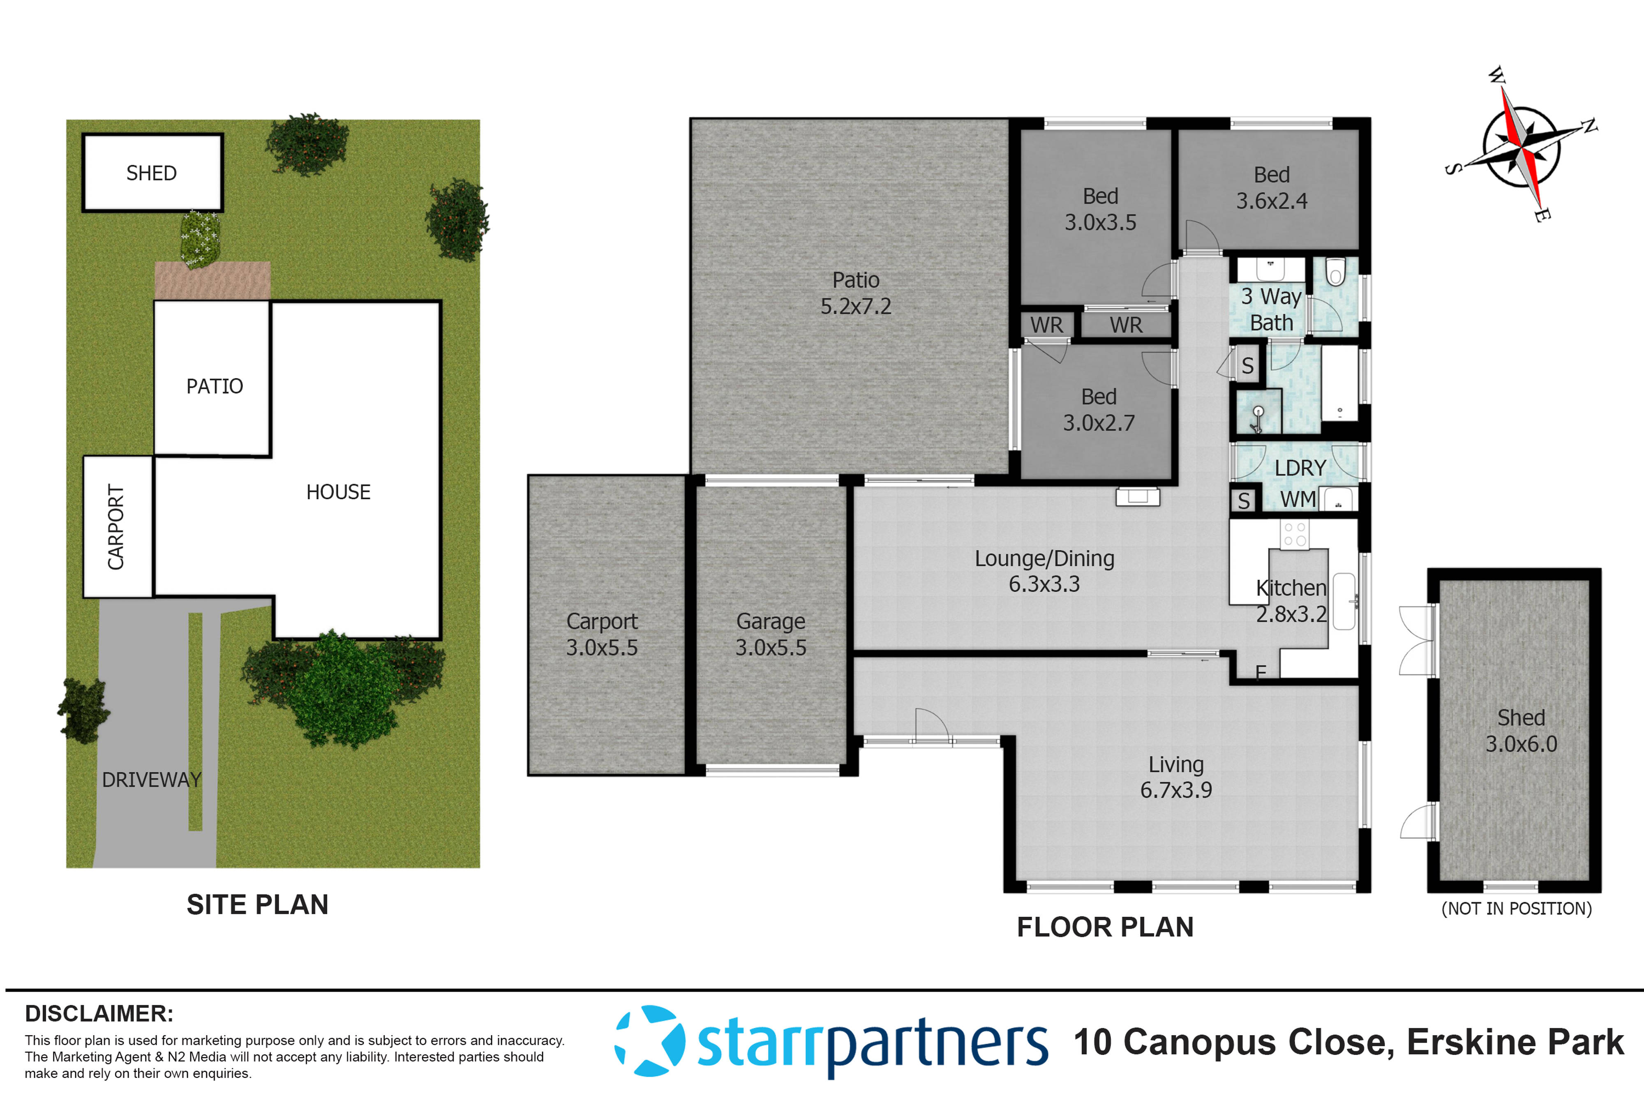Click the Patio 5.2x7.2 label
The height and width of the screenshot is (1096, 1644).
pos(856,293)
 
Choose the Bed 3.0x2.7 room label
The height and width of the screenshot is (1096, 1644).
pos(1099,410)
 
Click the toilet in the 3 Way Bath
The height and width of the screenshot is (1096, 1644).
pos(1335,272)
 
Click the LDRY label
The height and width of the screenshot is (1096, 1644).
pos(1300,468)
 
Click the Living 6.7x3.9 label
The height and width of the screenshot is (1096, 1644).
pos(1176,777)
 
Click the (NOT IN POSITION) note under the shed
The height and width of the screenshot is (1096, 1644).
pos(1516,909)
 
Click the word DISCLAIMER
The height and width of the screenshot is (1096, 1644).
pos(99,1013)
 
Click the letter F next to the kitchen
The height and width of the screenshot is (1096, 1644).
pos(1260,672)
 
